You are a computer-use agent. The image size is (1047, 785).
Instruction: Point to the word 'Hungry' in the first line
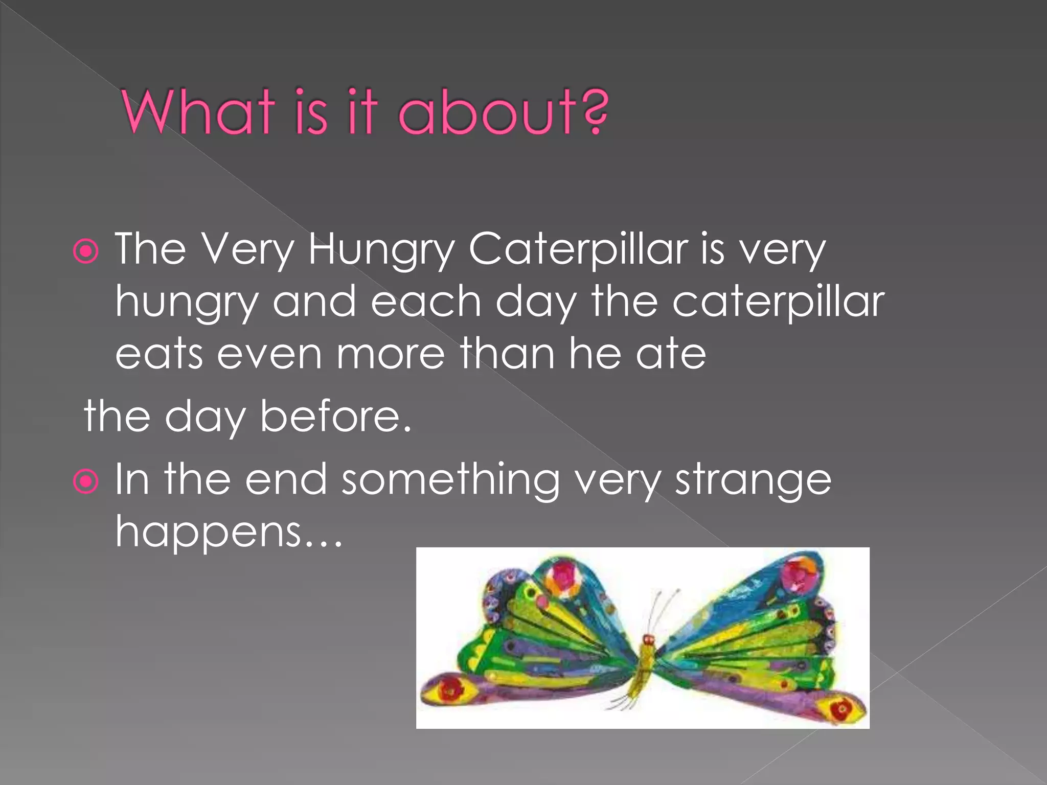tap(381, 250)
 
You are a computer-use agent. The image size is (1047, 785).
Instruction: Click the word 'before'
tap(335, 417)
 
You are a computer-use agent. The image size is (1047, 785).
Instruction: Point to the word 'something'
tap(450, 480)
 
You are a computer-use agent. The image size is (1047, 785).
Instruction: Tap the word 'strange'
tap(753, 480)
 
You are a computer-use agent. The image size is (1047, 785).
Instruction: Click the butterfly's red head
tap(648, 639)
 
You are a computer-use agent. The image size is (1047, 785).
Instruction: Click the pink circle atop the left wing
tap(562, 578)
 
